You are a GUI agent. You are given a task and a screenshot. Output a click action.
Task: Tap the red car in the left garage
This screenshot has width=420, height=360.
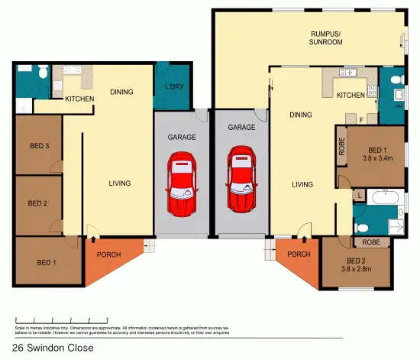pos(183,184)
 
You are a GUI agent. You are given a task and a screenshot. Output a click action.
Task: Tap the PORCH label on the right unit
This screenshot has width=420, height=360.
pos(299,255)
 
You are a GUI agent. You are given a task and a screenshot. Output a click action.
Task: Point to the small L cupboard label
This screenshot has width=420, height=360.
pos(357,196)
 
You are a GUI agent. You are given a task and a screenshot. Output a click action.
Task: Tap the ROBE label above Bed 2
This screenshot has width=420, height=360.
pos(371,242)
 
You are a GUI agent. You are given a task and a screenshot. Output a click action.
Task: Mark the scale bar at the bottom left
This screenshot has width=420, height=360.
pos(61,319)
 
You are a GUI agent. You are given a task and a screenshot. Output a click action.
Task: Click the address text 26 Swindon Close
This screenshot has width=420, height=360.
pos(53,348)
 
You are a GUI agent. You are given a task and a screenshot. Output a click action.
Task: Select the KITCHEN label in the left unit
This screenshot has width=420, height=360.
pos(79,100)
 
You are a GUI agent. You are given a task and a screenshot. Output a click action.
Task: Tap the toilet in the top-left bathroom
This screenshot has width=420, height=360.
pos(44,72)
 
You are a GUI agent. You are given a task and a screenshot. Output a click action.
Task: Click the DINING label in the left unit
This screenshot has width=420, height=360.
pos(121,92)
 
